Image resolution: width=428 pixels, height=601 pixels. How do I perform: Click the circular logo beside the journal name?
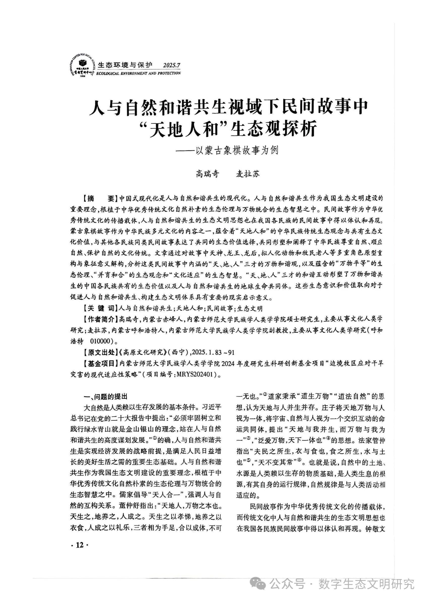(x=82, y=64)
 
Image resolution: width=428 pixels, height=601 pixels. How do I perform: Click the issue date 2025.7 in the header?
(x=172, y=65)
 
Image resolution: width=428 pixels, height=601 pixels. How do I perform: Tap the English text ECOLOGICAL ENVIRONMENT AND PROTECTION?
(x=138, y=73)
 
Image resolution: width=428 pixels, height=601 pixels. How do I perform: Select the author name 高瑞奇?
(x=207, y=174)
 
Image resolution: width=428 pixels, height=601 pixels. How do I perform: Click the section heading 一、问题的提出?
(x=105, y=396)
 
